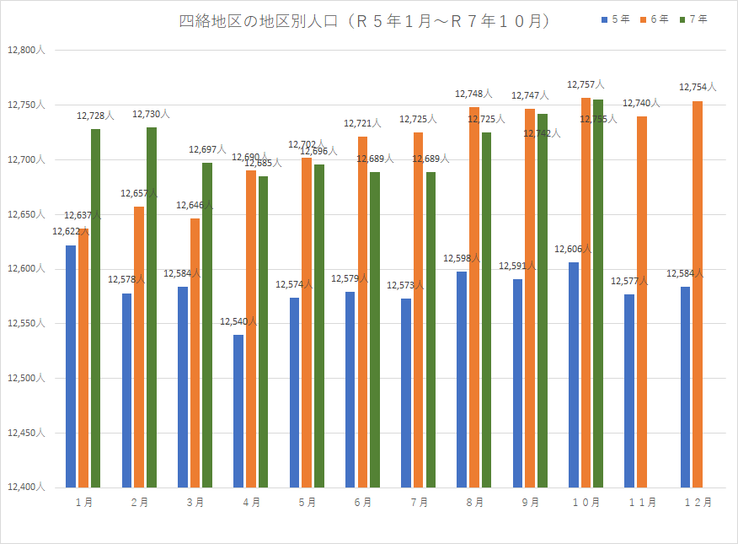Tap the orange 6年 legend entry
[655, 19]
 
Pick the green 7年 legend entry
[694, 19]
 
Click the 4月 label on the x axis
[251, 502]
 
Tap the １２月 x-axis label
[697, 502]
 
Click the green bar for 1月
[96, 308]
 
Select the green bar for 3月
[207, 325]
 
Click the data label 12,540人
[238, 322]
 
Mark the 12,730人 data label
[151, 114]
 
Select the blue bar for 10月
[574, 374]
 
